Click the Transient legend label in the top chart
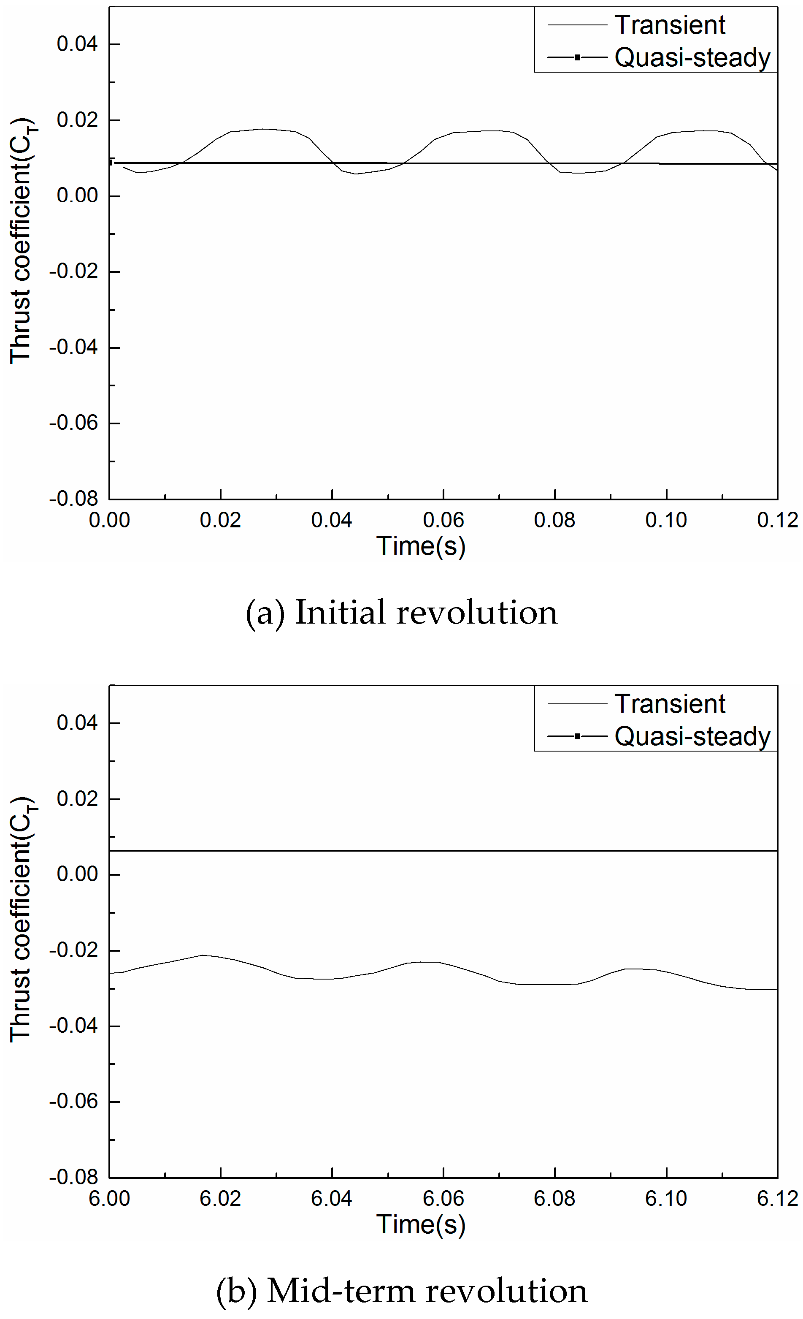click(669, 25)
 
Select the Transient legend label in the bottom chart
click(669, 704)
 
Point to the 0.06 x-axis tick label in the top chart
click(443, 520)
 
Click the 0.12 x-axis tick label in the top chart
click(777, 520)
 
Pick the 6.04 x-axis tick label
click(331, 1199)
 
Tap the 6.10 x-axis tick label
click(665, 1199)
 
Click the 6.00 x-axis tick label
click(109, 1199)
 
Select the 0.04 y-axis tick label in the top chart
click(78, 44)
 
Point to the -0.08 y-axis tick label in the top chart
click(74, 499)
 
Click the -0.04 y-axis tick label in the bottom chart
click(74, 1026)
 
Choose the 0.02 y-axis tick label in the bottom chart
click(78, 799)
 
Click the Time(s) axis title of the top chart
click(421, 546)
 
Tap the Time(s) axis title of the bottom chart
click(421, 1225)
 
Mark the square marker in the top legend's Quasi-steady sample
click(577, 57)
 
